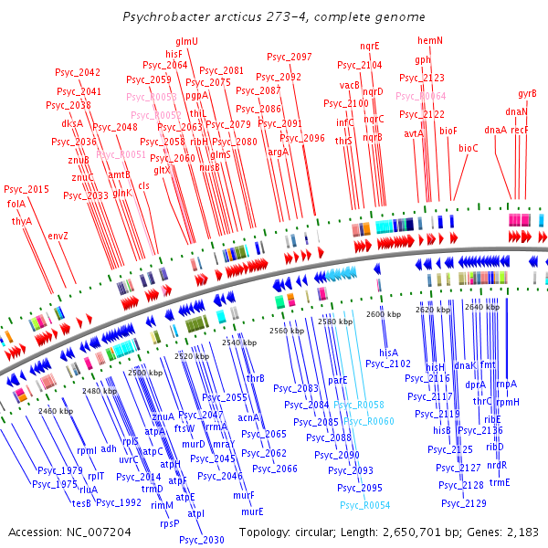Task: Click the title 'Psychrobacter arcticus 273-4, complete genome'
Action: pos(273,17)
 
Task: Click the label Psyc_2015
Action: pos(26,189)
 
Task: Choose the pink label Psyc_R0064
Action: pos(421,96)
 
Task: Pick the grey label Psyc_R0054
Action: pos(364,505)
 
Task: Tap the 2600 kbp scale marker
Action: pos(383,314)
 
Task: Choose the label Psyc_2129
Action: pos(463,502)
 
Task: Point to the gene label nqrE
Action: pos(370,46)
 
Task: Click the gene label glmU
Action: pos(187,42)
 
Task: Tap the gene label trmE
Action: pos(499,482)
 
